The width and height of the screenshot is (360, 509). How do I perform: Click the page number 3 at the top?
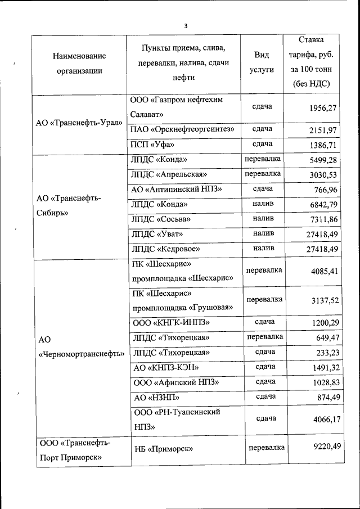[185, 25]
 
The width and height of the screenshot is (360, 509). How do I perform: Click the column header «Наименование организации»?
[79, 64]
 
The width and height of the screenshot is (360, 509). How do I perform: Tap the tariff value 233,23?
[326, 353]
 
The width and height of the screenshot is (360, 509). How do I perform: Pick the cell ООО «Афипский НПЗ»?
[175, 382]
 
